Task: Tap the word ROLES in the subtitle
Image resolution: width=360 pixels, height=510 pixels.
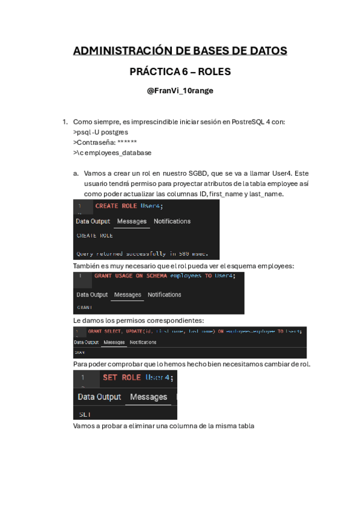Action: [214, 72]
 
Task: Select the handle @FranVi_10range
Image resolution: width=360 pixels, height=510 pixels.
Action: [180, 91]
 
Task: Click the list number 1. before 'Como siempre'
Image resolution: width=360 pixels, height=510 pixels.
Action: [66, 121]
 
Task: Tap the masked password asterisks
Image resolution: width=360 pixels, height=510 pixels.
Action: [132, 143]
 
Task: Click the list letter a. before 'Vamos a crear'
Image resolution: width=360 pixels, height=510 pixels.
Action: [76, 173]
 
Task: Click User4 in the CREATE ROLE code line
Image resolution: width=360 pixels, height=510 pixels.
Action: [151, 206]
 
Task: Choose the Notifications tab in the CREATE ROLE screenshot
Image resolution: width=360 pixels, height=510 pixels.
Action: [172, 221]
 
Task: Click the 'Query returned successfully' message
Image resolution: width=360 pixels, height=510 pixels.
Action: [139, 253]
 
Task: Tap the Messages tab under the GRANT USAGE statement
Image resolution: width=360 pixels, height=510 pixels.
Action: [127, 295]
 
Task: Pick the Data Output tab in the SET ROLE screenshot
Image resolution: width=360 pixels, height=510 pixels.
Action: [99, 397]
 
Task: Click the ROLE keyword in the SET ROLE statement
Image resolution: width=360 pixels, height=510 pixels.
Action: [131, 378]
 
